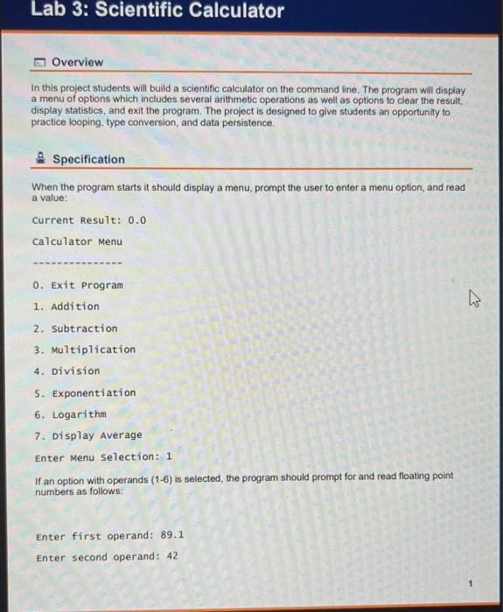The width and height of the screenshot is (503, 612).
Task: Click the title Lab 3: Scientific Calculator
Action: point(157,11)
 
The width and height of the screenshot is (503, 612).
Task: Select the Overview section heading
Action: point(77,62)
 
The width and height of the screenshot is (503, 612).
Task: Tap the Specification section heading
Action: point(88,159)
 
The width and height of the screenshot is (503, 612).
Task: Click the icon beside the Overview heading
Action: point(40,62)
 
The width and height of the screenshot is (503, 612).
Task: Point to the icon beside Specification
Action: point(40,158)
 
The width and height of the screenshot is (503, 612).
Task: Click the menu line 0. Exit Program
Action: point(77,285)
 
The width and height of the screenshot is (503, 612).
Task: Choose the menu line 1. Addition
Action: point(66,307)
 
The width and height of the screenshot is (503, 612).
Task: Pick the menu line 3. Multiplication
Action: point(84,350)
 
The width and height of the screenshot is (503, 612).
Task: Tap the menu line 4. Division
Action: point(66,372)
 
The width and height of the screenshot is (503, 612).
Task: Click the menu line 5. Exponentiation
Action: point(84,393)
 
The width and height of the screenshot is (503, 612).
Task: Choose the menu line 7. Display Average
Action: point(87,435)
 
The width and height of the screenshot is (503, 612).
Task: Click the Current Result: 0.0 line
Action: point(88,220)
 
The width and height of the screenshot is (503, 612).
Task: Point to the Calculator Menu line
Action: point(77,242)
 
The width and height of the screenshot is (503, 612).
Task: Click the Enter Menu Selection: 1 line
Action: point(103,457)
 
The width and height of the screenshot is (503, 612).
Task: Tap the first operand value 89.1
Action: point(172,536)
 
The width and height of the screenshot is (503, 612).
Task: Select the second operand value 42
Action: point(171,557)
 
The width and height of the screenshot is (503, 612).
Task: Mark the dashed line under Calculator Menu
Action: point(76,263)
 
